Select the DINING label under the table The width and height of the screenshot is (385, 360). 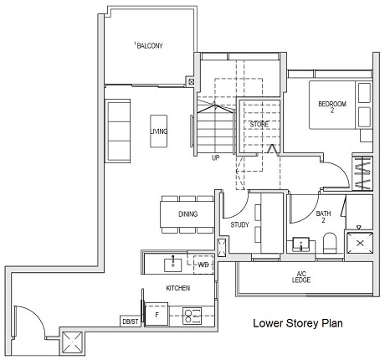[x=188, y=214]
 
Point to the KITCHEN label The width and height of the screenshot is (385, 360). [x=177, y=288]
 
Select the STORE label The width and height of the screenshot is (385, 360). [x=259, y=125]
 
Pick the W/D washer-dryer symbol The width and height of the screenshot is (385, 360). [x=203, y=265]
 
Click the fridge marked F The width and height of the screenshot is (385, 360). [x=156, y=316]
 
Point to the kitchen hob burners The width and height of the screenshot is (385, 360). [x=192, y=316]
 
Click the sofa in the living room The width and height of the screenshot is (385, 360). [x=117, y=131]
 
